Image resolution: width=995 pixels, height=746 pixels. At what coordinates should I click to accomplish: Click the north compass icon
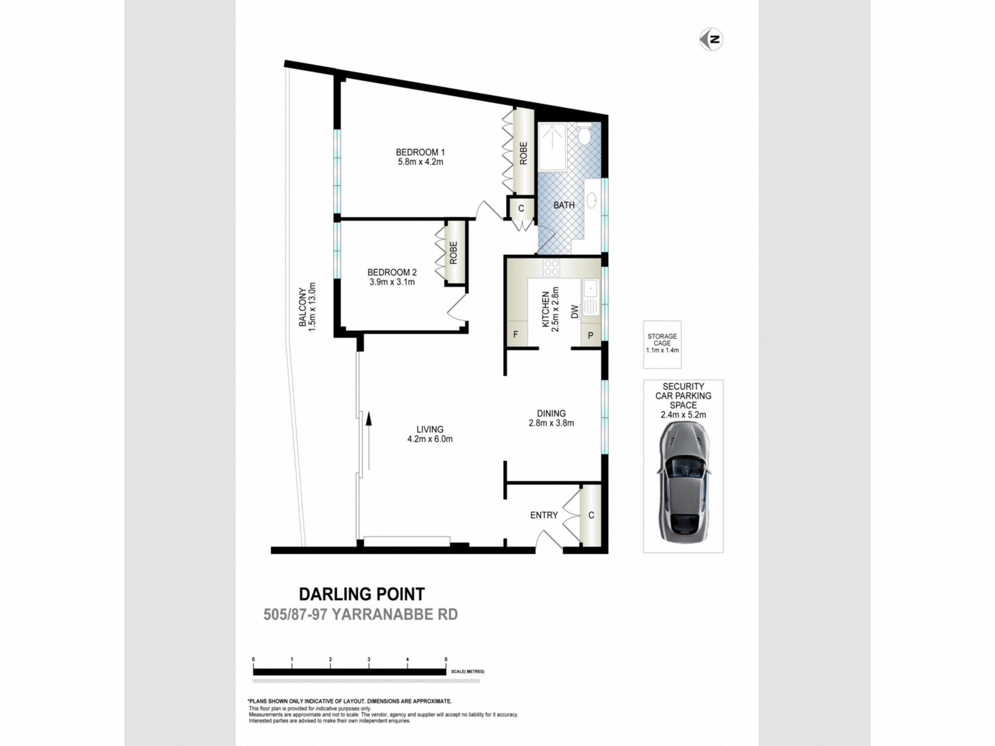coord(711,39)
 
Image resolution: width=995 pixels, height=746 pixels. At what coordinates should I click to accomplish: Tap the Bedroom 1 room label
coord(420,152)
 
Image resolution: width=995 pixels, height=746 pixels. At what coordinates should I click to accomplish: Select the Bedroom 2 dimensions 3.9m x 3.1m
coord(392,282)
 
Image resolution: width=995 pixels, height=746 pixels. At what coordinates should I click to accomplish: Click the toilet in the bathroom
coord(584,134)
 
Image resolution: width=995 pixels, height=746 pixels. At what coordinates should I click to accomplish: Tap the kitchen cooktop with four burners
coord(551,268)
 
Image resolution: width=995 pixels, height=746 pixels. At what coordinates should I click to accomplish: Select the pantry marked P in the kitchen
coord(591,335)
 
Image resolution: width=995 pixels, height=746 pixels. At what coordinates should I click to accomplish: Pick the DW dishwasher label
coord(575,312)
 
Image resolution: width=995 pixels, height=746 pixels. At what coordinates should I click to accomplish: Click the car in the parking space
coord(684,481)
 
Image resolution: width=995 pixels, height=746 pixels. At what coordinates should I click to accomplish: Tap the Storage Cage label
coord(662,340)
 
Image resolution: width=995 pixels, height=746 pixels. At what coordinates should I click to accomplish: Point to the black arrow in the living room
coord(369,440)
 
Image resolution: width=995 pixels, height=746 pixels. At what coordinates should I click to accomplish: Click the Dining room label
coord(551,413)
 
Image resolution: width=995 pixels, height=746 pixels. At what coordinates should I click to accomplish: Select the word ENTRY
coord(544,515)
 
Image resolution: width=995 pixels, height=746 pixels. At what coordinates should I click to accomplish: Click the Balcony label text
coord(302,307)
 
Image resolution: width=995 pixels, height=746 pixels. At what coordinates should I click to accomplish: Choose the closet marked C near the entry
coord(591,515)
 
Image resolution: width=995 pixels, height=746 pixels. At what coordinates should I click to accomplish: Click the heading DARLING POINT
coord(362,594)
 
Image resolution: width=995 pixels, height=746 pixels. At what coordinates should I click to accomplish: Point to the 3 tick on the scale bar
coord(369,659)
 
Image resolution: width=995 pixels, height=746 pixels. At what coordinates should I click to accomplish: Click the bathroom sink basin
coord(592,200)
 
